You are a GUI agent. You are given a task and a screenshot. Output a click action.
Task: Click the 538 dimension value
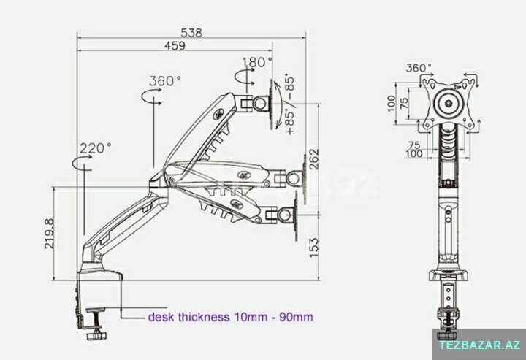[191, 33]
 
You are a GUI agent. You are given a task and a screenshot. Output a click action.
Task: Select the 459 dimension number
[175, 45]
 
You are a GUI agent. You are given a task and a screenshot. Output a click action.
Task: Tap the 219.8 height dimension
[50, 234]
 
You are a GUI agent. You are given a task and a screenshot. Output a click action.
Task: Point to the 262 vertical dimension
[313, 159]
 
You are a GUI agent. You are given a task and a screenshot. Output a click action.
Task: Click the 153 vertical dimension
[313, 248]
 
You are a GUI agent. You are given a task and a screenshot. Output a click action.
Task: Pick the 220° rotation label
[96, 148]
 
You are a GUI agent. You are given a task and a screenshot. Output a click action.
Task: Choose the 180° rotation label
[257, 62]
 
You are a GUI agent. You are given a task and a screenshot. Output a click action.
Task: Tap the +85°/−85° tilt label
[289, 104]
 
